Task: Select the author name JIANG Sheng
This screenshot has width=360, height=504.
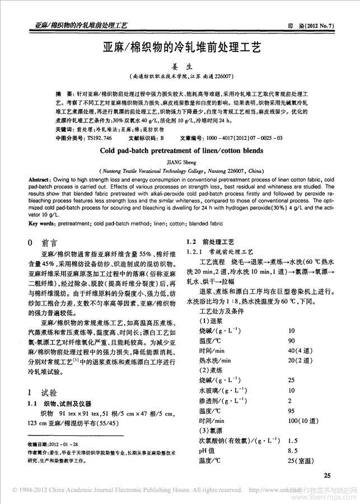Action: (x=180, y=161)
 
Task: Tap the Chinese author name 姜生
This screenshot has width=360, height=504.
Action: (x=180, y=65)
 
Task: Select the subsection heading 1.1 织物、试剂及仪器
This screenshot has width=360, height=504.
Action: (x=61, y=403)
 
